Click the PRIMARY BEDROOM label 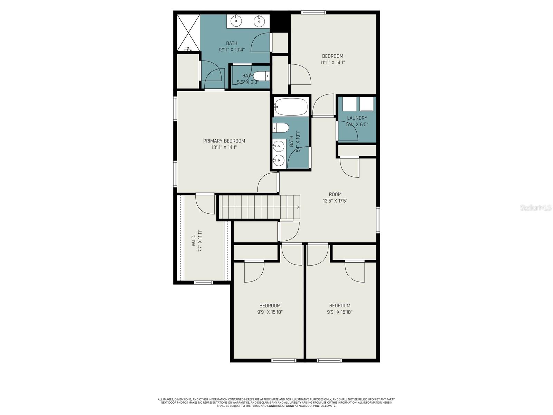point(224,141)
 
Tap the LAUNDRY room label point(357,118)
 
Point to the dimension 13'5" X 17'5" point(335,201)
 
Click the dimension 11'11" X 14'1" point(332,63)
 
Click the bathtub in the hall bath point(291,107)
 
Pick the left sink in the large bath point(236,21)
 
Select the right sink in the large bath point(259,21)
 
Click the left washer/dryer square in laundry point(349,104)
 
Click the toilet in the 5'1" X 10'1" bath point(281,128)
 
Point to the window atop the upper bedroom point(314,13)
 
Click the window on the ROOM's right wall point(378,220)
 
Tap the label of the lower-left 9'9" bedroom point(270,306)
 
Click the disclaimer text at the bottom point(276,403)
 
